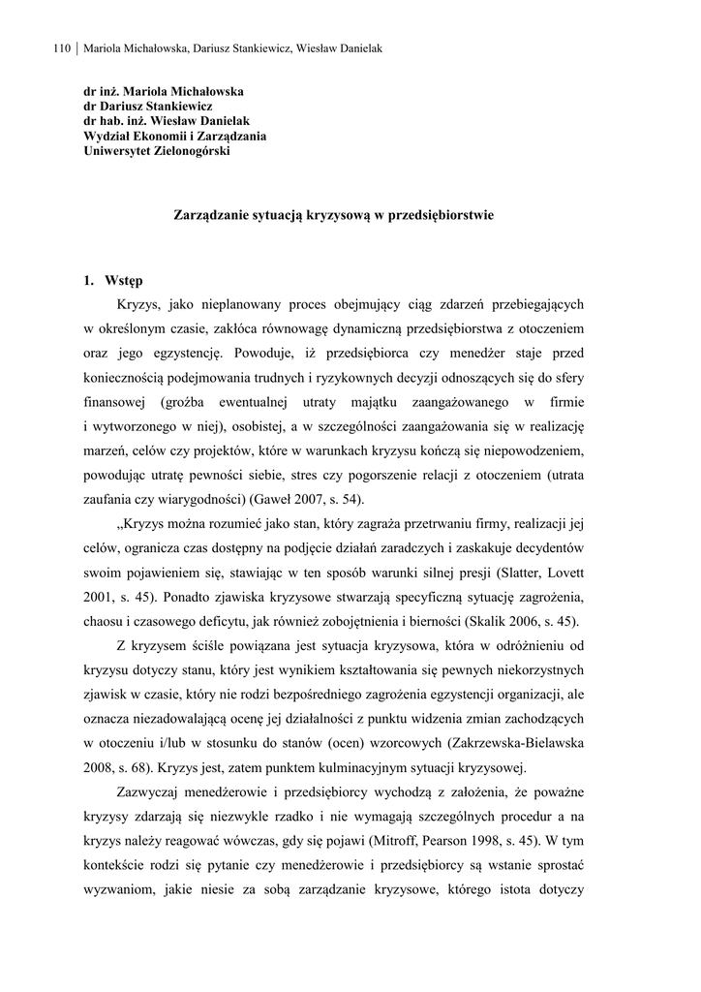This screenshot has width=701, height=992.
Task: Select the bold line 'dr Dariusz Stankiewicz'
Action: point(148,107)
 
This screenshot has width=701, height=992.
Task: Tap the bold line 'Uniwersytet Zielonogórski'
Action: point(157,151)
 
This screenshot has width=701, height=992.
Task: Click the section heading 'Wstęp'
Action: point(125,281)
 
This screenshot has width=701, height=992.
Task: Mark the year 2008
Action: point(99,770)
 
